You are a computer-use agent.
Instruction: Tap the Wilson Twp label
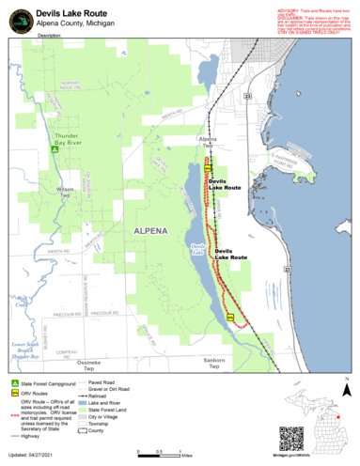pos(65,193)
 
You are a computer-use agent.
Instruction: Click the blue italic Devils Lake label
pos(196,250)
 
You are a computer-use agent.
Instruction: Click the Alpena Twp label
pos(209,143)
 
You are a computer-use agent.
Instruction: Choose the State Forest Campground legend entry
pos(37,386)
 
